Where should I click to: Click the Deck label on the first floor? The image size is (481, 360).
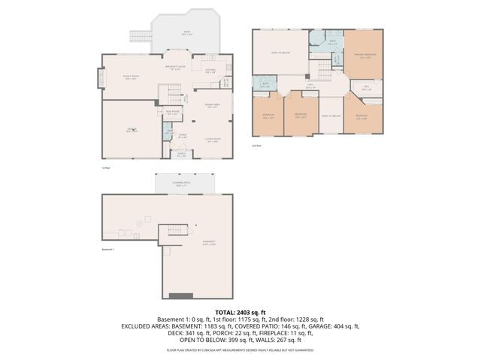pos(187,31)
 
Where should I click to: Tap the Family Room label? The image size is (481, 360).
pos(129,77)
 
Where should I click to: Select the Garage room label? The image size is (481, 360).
pos(132,129)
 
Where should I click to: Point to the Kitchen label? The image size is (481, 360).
pos(210,70)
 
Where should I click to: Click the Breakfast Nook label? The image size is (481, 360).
pos(175,67)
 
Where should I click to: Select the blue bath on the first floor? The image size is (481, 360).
pos(169,132)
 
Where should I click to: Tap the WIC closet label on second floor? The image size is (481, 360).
pos(366,88)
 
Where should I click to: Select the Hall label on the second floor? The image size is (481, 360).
pos(310,85)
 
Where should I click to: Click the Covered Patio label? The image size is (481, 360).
pos(183,183)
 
